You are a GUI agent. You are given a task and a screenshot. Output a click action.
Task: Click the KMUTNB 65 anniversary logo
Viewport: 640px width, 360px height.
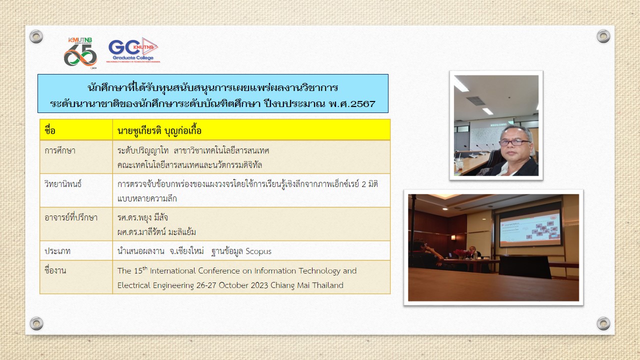pyautogui.click(x=80, y=53)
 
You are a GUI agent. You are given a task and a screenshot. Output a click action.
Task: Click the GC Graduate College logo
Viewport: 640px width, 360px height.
pyautogui.click(x=133, y=50)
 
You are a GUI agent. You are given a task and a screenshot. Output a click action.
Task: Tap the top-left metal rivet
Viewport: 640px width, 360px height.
pyautogui.click(x=36, y=36)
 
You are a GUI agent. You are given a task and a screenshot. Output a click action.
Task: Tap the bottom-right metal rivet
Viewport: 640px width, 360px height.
pyautogui.click(x=603, y=323)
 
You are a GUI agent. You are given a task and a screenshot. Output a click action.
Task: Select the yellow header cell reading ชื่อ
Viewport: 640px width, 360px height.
pyautogui.click(x=76, y=130)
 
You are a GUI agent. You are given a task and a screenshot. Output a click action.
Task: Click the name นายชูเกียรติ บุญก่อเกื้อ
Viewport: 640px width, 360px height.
pyautogui.click(x=159, y=130)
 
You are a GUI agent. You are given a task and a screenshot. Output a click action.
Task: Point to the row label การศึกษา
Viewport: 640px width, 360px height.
pyautogui.click(x=60, y=150)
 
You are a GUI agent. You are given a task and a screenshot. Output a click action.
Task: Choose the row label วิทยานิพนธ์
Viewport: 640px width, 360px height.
pyautogui.click(x=63, y=183)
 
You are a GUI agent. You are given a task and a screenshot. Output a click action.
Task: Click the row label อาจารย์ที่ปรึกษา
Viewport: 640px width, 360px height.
pyautogui.click(x=71, y=217)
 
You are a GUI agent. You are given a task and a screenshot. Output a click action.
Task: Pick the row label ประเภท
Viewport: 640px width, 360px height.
pyautogui.click(x=57, y=251)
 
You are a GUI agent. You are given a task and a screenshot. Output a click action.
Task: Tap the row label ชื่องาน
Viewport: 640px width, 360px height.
pyautogui.click(x=55, y=269)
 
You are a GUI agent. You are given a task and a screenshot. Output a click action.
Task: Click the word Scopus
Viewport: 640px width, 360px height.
pyautogui.click(x=258, y=251)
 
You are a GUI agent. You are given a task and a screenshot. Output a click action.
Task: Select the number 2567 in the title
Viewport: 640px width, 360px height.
pyautogui.click(x=363, y=103)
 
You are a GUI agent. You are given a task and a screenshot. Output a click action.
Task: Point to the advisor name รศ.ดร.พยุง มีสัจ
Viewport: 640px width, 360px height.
pyautogui.click(x=142, y=217)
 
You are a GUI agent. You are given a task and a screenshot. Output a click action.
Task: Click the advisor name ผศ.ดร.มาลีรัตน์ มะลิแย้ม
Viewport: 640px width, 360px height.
pyautogui.click(x=156, y=231)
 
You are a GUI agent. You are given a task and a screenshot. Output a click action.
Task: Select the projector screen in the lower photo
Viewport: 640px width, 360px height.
pyautogui.click(x=530, y=227)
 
